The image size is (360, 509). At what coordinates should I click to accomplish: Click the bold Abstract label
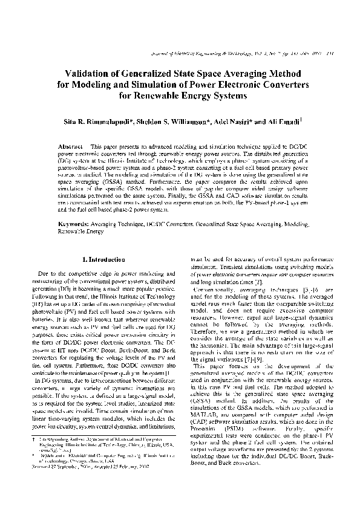[70, 147]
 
